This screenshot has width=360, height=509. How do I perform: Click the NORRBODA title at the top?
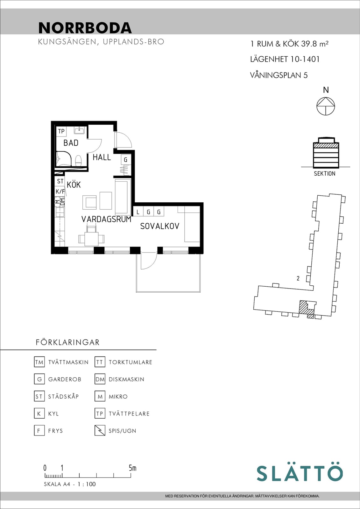pyautogui.click(x=85, y=28)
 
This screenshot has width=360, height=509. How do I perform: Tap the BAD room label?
pyautogui.click(x=71, y=143)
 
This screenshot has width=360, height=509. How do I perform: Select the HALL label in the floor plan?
pyautogui.click(x=102, y=157)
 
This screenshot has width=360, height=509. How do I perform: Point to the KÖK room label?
pyautogui.click(x=74, y=185)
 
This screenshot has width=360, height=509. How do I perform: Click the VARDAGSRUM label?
pyautogui.click(x=106, y=219)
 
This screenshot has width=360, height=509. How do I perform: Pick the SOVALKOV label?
pyautogui.click(x=160, y=226)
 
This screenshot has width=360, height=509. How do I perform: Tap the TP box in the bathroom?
pyautogui.click(x=61, y=131)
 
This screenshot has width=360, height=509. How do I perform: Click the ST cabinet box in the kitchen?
pyautogui.click(x=60, y=181)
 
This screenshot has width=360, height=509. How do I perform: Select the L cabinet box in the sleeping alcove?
pyautogui.click(x=138, y=212)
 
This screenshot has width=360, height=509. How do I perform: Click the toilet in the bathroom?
pyautogui.click(x=78, y=160)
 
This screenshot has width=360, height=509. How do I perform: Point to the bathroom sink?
pyautogui.click(x=79, y=130)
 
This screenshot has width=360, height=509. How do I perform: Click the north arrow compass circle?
pyautogui.click(x=326, y=106)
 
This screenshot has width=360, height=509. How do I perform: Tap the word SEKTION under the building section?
pyautogui.click(x=325, y=174)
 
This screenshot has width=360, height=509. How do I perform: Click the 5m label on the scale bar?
pyautogui.click(x=132, y=468)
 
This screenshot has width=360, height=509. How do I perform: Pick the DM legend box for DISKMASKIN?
pyautogui.click(x=100, y=379)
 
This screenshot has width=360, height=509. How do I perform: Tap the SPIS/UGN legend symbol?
pyautogui.click(x=100, y=431)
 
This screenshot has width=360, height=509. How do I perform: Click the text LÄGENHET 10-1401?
pyautogui.click(x=285, y=59)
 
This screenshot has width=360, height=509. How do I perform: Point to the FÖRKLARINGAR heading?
pyautogui.click(x=67, y=342)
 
